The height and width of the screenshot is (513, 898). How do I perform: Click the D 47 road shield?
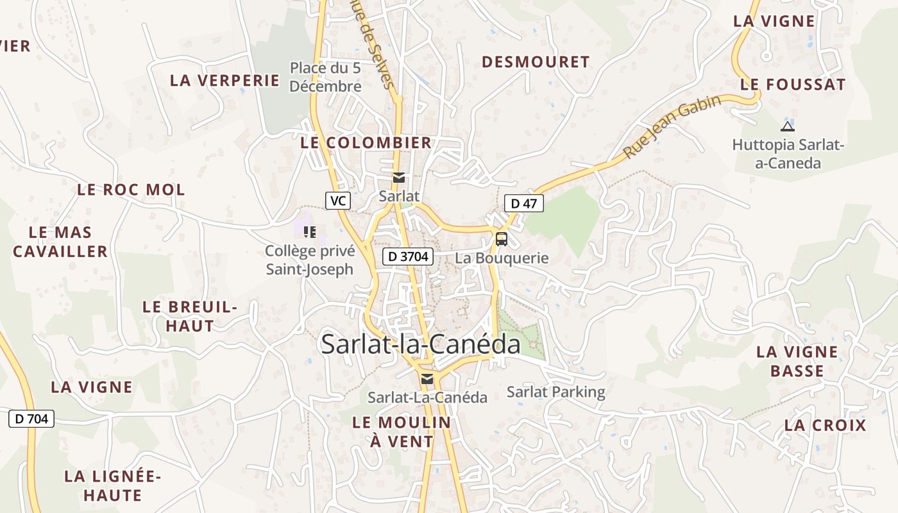(524, 204)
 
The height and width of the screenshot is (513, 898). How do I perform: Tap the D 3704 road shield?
(409, 257)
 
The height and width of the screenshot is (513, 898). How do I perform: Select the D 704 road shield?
(31, 419)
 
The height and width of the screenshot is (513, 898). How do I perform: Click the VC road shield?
(337, 201)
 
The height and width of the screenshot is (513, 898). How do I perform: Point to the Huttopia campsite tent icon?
(788, 126)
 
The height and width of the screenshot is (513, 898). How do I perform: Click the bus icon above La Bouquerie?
(502, 239)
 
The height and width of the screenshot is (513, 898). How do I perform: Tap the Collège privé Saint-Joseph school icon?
(310, 232)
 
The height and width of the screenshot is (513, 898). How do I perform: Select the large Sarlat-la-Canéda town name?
(421, 344)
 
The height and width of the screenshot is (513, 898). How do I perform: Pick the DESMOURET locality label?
(536, 62)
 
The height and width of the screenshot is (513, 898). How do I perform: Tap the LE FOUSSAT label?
(793, 85)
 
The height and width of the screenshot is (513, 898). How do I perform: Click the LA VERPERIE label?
(224, 81)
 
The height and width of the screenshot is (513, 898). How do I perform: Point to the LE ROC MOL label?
(131, 190)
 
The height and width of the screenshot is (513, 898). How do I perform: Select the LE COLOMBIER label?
(366, 143)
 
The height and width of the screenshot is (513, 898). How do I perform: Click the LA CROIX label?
(825, 425)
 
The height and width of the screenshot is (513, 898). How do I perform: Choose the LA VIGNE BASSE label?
(797, 361)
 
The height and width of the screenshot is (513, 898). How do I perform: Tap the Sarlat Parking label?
(555, 392)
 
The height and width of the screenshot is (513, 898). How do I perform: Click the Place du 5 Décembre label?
(325, 77)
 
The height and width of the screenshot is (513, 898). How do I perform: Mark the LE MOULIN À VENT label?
(402, 432)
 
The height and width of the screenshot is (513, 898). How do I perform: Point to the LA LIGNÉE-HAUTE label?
(112, 485)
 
